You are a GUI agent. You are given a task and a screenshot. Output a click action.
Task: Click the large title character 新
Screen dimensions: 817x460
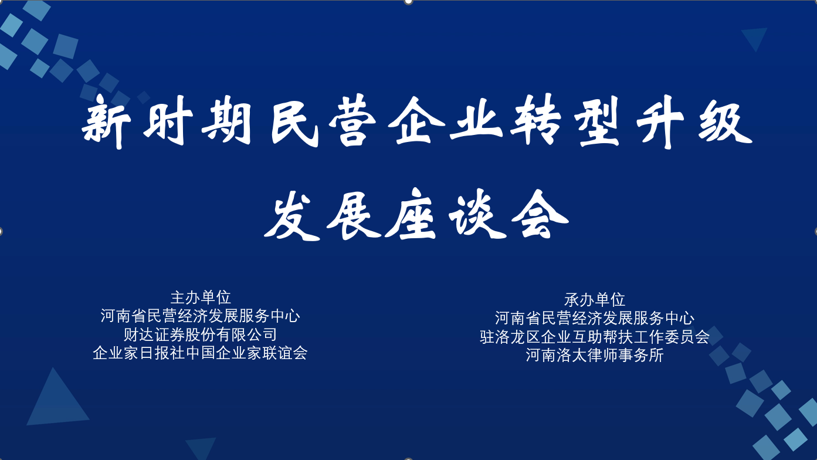pos(106,122)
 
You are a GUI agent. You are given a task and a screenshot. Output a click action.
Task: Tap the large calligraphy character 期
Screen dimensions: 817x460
pos(226,120)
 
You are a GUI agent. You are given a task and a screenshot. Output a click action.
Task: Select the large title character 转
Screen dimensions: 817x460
pos(535,120)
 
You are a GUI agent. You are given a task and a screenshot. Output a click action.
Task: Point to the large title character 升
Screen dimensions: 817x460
pos(660,122)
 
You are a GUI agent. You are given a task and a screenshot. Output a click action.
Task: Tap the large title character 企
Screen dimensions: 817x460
pos(416,121)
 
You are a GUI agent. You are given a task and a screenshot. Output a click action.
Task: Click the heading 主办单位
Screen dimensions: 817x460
pos(201,297)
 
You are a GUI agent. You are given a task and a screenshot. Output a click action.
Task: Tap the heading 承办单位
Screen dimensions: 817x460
pos(595,300)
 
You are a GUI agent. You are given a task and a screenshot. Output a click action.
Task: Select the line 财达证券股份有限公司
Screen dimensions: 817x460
pos(200,334)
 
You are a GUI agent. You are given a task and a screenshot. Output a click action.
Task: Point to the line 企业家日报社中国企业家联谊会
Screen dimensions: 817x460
pos(200,353)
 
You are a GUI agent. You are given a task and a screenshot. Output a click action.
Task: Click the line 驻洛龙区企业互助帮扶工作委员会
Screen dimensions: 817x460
pos(595,337)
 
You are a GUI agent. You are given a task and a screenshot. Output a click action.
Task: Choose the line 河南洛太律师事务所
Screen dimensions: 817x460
pos(595,356)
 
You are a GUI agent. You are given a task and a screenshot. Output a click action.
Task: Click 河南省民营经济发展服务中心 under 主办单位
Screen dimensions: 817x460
pos(200,316)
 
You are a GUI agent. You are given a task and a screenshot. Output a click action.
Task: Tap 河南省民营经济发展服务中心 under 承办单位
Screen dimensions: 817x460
pos(595,318)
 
